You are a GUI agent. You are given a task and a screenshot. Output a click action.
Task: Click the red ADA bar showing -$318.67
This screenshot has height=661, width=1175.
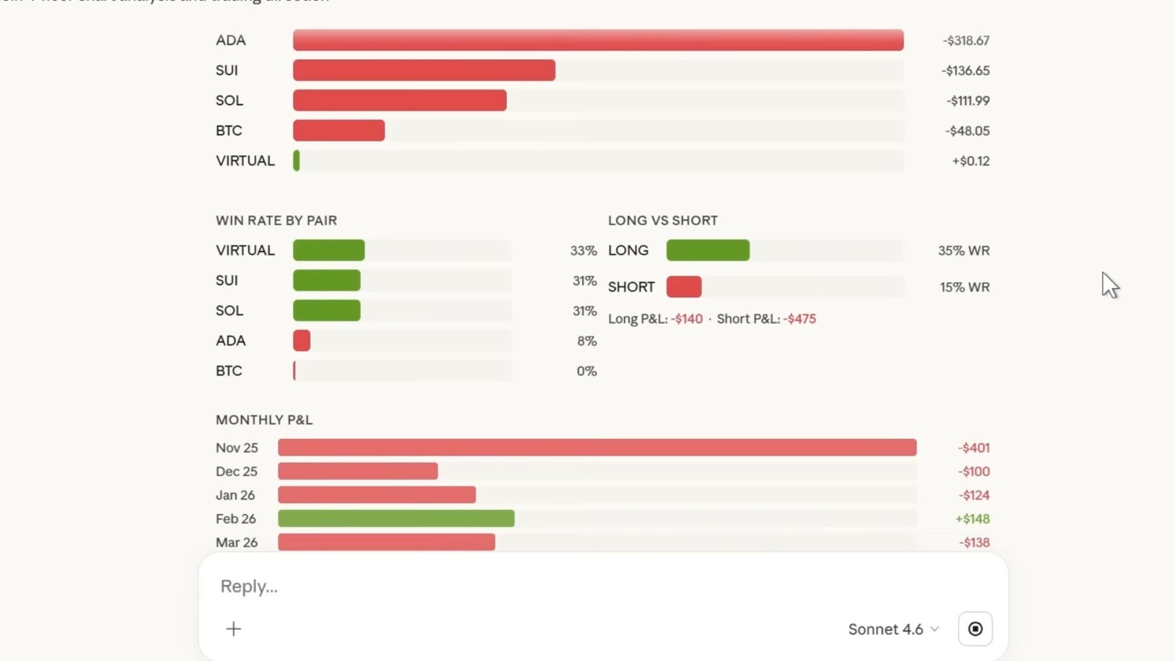(598, 40)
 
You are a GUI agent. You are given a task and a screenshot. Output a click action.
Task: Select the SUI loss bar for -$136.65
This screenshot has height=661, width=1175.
(424, 70)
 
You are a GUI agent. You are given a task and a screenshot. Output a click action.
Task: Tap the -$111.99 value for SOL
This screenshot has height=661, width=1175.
(967, 101)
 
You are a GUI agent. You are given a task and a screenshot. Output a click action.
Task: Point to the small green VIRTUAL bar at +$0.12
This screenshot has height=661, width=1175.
(296, 161)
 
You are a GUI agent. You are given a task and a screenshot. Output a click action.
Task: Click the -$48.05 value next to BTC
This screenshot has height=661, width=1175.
(967, 131)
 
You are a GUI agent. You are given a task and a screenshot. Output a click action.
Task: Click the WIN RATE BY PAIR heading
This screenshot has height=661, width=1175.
(276, 220)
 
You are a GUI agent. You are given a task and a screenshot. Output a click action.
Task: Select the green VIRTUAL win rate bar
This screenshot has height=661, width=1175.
(328, 250)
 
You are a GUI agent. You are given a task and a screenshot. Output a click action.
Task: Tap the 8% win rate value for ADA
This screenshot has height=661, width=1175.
(586, 341)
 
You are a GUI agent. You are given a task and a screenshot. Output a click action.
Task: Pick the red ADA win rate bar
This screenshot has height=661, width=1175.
(301, 340)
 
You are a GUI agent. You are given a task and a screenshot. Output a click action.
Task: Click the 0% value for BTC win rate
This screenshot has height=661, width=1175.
(586, 371)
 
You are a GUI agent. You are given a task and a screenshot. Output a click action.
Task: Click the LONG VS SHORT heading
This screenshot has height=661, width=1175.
(663, 220)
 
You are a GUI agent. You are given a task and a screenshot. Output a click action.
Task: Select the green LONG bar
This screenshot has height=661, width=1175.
(708, 250)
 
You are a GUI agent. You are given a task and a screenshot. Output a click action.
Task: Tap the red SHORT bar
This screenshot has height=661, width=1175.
(683, 287)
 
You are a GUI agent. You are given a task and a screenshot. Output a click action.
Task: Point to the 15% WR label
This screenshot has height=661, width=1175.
(964, 287)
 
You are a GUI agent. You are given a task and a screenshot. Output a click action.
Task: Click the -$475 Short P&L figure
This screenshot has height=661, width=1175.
(799, 319)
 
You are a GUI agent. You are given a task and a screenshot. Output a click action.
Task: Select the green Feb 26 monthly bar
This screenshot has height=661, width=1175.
(396, 518)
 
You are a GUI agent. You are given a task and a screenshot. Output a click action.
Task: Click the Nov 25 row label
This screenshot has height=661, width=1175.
(236, 448)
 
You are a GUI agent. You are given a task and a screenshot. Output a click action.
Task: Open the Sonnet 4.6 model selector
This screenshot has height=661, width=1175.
(893, 629)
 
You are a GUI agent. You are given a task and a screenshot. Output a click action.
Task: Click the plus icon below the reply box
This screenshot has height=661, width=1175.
(233, 629)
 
